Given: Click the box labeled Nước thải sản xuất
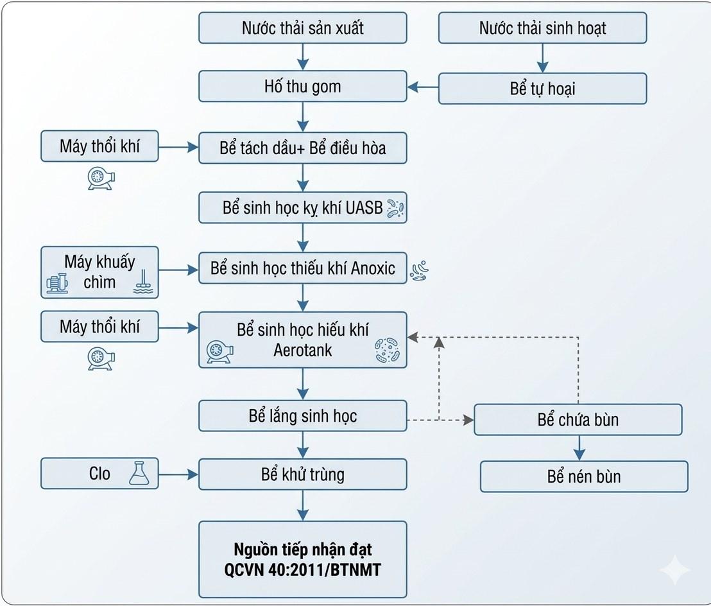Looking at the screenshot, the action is coord(302,28).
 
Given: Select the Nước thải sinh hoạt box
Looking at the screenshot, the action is coord(542,28).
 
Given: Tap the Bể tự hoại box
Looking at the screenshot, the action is coord(542,89).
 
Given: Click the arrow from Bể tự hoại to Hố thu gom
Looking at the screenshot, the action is coord(423,87).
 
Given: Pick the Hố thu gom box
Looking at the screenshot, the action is coord(302,86).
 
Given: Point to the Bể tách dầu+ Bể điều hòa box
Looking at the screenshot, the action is coord(302,148).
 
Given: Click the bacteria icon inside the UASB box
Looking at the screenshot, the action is coord(395,209).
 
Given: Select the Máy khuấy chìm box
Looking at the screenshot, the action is coord(99,272).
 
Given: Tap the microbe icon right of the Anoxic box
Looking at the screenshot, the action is coord(419,271).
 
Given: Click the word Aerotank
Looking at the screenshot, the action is coord(302,350).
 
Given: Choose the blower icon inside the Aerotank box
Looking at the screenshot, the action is coord(219,352).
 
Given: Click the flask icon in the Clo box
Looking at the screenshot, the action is coord(139,473).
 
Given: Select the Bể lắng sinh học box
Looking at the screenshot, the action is coord(302,415).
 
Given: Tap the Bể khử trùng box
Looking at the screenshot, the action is coord(302,474).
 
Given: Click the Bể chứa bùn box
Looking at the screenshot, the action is coord(578,420).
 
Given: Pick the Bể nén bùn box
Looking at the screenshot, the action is coord(584,476).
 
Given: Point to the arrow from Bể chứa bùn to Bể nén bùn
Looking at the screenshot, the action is coord(579,448).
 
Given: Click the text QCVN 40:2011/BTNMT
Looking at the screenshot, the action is coord(302,569).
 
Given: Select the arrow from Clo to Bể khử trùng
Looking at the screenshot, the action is coord(178,474).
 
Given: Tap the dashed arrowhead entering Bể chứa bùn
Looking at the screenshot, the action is coord(468,420).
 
